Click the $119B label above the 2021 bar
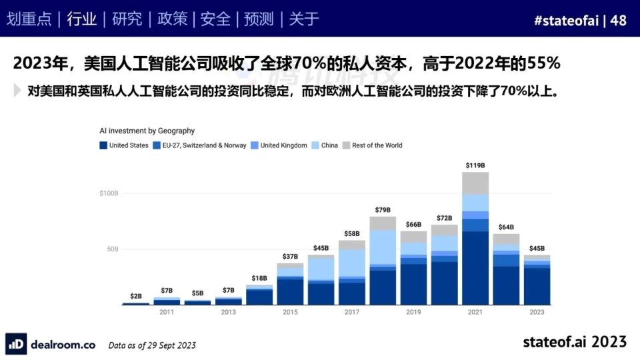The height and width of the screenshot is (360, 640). coord(475,165)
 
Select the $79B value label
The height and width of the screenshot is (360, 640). coord(383,211)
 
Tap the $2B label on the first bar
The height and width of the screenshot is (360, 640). coord(136,295)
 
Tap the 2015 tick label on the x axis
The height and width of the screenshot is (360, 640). coord(290,312)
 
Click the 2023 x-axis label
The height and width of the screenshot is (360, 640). coord(537,312)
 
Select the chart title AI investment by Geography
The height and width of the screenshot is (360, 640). coord(147,131)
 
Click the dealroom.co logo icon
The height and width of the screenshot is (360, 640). coord(17,344)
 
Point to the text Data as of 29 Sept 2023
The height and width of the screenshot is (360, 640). coord(152,345)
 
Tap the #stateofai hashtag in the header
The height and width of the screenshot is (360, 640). coord(565,20)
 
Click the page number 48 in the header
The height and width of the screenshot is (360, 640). coord(618,20)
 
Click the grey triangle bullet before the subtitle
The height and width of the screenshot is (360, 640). coord(17,91)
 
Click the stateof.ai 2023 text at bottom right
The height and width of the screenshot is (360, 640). coord(574,341)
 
